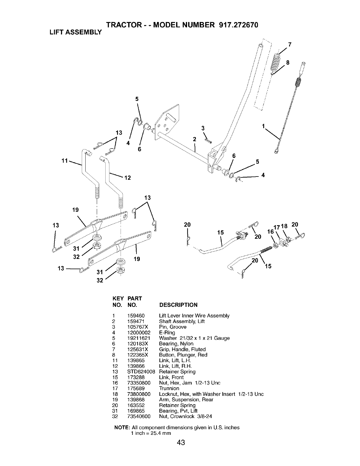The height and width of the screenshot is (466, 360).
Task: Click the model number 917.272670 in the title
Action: pyautogui.click(x=239, y=25)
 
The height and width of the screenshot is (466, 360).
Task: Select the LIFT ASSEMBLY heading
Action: pyautogui.click(x=76, y=32)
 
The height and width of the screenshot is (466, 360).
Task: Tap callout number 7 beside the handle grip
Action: pyautogui.click(x=290, y=45)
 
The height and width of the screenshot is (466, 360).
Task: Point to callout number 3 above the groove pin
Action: pyautogui.click(x=203, y=128)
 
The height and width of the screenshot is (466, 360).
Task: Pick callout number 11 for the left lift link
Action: pyautogui.click(x=64, y=161)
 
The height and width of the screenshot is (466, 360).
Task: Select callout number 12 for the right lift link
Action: pyautogui.click(x=128, y=178)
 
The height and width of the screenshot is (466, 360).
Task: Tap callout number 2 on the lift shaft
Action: pyautogui.click(x=194, y=139)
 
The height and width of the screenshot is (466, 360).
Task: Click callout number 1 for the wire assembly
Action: pyautogui.click(x=263, y=126)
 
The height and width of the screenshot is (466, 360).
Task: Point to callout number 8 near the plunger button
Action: pyautogui.click(x=288, y=62)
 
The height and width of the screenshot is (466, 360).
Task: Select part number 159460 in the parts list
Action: pyautogui.click(x=136, y=316)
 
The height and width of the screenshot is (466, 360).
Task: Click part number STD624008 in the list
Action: pyautogui.click(x=141, y=372)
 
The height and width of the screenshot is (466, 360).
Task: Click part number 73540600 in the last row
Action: pyautogui.click(x=139, y=417)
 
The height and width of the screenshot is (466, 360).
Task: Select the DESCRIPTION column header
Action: pyautogui.click(x=179, y=305)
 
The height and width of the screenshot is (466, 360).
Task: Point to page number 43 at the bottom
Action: pyautogui.click(x=181, y=442)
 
